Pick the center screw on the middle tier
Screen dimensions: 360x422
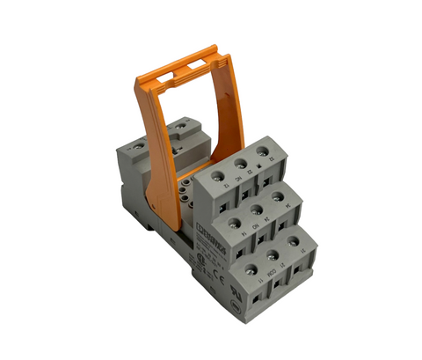[x=255, y=209]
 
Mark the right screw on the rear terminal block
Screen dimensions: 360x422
[x=181, y=126]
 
